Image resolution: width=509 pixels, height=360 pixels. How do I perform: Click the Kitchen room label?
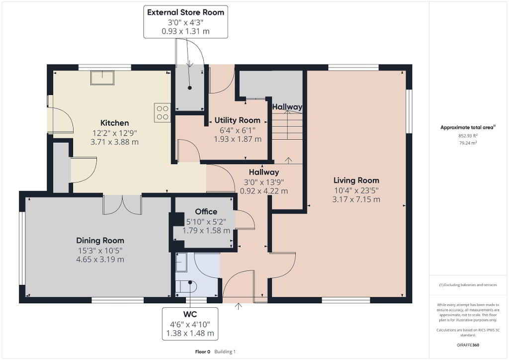[115, 123]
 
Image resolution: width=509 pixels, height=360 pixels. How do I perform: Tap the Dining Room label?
[100, 241]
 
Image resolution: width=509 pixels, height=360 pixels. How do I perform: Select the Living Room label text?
[356, 180]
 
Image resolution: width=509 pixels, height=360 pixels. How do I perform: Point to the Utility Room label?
[237, 120]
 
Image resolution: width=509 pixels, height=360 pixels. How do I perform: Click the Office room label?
[206, 212]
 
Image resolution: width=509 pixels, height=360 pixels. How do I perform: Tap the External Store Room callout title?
[186, 12]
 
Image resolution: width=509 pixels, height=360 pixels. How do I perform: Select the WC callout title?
[190, 314]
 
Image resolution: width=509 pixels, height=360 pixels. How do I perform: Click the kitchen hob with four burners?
[163, 112]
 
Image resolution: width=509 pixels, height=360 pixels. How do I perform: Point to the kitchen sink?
[102, 78]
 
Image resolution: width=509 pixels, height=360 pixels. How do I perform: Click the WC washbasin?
[181, 262]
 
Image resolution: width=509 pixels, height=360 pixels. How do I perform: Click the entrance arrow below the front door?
[239, 306]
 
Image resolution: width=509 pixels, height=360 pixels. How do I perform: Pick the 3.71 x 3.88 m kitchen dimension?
[115, 142]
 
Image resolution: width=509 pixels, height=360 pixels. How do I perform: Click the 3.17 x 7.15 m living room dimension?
[356, 199]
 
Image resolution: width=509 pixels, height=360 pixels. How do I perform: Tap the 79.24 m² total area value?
[468, 143]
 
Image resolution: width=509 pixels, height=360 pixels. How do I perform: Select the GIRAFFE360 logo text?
[468, 345]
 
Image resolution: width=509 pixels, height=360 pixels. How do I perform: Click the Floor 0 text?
[203, 352]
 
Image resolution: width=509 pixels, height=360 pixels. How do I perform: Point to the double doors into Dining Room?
[122, 204]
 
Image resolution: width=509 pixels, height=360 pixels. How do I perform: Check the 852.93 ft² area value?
[468, 136]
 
